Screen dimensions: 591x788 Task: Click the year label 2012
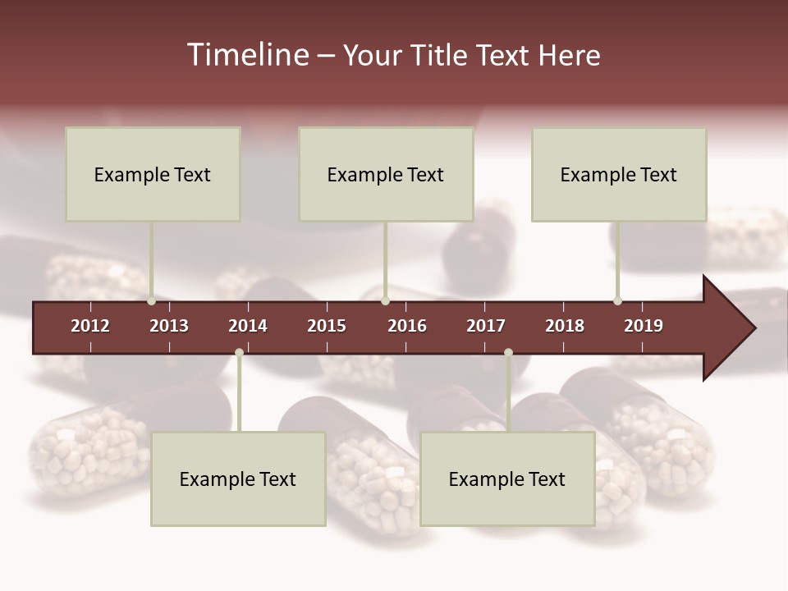90,326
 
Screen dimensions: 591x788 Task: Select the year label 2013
169,326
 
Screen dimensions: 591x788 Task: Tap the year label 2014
248,326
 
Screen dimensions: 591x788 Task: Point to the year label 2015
327,326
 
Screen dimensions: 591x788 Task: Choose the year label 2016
407,326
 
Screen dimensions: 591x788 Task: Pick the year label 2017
486,326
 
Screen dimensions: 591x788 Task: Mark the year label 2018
565,326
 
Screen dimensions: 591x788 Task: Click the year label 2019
644,326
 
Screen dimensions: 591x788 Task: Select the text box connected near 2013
153,174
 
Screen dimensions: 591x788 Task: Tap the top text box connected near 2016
386,174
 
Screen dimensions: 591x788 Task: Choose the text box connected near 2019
619,174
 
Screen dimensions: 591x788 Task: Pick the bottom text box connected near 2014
238,479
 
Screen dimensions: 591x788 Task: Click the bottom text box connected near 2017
507,479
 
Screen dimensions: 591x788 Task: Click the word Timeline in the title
246,55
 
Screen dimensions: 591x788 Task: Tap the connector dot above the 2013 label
152,300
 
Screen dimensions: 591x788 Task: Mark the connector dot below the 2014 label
239,352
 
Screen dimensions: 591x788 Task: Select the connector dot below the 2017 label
508,352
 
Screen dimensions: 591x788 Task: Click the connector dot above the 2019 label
618,300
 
